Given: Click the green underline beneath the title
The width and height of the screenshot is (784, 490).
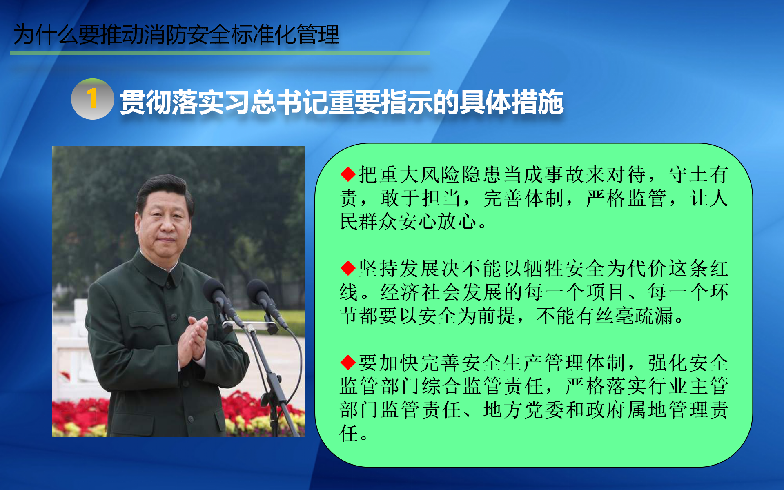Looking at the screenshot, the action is (220, 53).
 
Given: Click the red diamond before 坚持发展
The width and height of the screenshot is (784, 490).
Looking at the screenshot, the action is (348, 268).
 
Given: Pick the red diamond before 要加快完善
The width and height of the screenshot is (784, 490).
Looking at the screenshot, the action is (348, 362).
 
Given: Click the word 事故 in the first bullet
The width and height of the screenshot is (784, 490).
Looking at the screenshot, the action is (565, 174).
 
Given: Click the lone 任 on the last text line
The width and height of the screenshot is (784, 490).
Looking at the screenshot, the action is (349, 433).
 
